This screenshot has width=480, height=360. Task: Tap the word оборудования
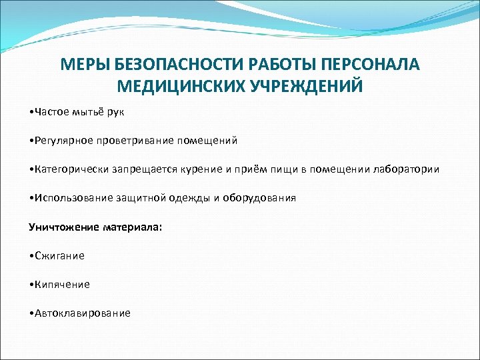(x=259, y=198)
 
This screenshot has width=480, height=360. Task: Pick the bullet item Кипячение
(x=61, y=284)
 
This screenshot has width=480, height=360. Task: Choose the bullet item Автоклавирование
(x=81, y=313)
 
